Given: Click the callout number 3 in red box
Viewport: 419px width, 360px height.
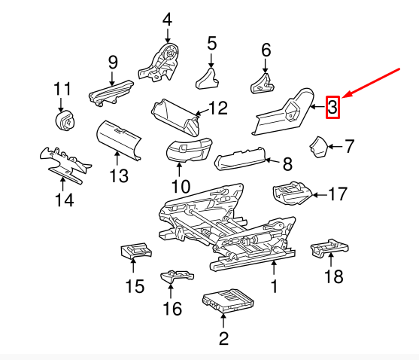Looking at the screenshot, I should coord(332,108).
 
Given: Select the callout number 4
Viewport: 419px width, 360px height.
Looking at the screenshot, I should coord(166,19).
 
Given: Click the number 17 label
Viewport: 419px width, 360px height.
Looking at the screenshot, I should coord(337,194).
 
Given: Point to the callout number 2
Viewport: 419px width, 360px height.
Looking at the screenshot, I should coord(223,338).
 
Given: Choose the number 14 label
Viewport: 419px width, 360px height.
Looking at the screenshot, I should coord(64,200).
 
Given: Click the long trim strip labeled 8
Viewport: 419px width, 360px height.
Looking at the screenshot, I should coord(241,157).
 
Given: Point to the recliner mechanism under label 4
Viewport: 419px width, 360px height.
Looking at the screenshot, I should coord(165,60).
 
